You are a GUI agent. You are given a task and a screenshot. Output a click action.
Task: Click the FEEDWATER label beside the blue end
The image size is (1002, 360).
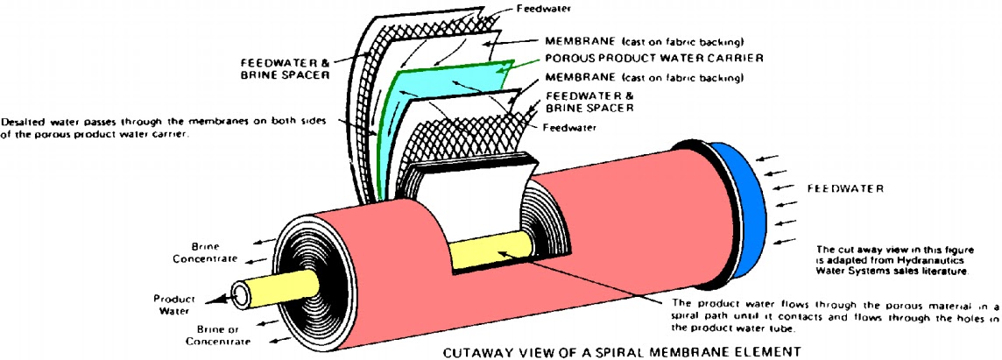coord(845,188)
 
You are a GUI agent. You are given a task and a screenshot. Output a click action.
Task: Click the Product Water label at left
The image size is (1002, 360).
coord(173,303)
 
